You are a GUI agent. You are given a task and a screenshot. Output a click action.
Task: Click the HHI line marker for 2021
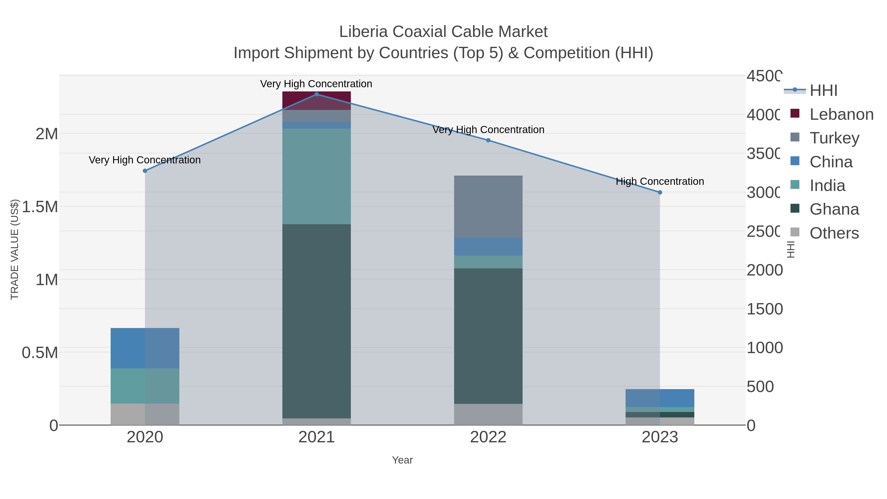coord(316,94)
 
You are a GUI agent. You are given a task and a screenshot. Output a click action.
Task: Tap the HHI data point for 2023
coord(660,192)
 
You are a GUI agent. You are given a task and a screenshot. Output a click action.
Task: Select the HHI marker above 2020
coord(145,171)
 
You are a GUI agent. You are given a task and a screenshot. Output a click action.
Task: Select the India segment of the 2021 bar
coord(316,176)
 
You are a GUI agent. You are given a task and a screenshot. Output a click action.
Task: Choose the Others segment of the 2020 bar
coord(145,414)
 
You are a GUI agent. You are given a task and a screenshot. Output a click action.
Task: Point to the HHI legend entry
coord(823,91)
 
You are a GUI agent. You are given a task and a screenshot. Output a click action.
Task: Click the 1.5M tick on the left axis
coord(40,207)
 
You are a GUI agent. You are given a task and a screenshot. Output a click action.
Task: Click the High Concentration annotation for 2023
coord(660,181)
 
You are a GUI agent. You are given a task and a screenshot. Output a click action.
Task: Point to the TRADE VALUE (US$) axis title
coord(15,249)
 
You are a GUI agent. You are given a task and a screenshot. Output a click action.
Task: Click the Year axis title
coord(402,460)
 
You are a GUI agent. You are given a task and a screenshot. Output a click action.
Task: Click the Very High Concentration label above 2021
coord(316,84)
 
